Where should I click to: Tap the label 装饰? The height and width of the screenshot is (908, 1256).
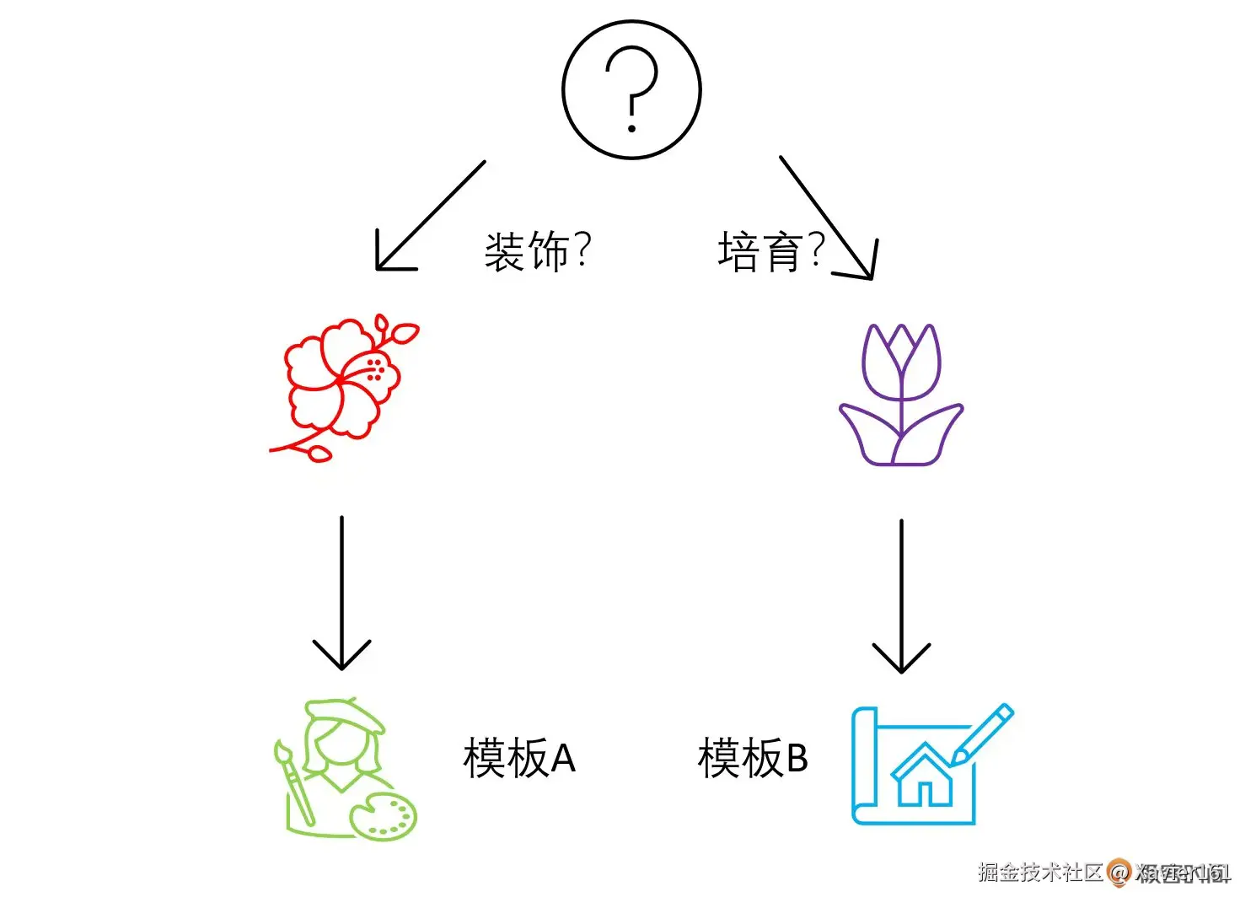coord(538,251)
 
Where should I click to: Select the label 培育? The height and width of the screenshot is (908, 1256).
coord(770,251)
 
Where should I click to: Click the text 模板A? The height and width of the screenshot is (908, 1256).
coord(519,757)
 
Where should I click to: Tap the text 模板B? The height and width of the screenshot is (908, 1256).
coord(753,757)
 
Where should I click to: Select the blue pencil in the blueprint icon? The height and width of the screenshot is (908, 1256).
coord(983,733)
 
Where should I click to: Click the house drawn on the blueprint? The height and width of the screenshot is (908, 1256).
coord(924,776)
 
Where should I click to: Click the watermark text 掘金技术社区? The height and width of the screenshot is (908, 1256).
coord(1040,872)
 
